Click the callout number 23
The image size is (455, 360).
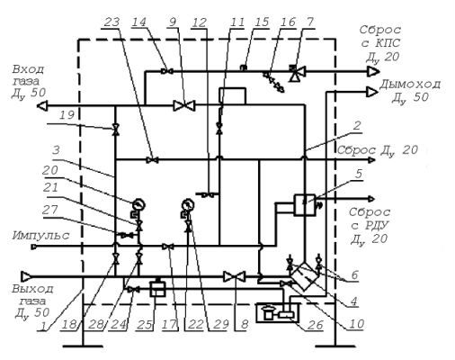111,22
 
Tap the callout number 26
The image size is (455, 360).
316,325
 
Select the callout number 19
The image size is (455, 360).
67,115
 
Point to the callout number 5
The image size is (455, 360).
359,174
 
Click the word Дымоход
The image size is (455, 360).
410,85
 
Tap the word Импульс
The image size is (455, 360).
40,236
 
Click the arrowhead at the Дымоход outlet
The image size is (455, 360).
372,92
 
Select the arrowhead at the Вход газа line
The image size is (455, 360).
42,106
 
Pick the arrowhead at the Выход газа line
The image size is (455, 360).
26,276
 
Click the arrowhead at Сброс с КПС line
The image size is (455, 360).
374,71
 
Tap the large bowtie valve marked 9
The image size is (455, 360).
184,105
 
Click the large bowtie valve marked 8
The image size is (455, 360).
235,276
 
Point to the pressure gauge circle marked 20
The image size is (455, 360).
138,204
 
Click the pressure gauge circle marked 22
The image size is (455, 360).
188,204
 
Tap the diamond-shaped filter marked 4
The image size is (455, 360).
305,276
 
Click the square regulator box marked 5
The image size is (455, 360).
305,204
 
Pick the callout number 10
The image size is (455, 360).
356,324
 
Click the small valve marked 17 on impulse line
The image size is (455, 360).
168,247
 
